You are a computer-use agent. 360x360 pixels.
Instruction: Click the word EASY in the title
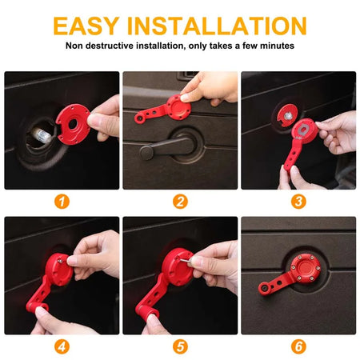(x=86, y=26)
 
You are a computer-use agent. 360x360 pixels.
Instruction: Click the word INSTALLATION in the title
(x=217, y=26)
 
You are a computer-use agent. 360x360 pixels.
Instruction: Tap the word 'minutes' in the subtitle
(x=277, y=46)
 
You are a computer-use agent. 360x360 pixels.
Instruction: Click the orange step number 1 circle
(x=62, y=202)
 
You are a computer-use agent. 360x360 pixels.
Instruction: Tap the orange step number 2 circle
(x=180, y=202)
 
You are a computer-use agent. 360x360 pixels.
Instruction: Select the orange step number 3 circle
(x=298, y=202)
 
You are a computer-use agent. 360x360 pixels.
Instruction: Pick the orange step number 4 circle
(x=62, y=346)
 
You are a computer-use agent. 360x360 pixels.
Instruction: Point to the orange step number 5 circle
(x=180, y=346)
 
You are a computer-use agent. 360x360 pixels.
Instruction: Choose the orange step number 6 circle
(x=298, y=346)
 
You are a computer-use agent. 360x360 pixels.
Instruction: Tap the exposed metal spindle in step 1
(x=42, y=136)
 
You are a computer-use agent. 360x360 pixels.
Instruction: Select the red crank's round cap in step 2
(x=178, y=107)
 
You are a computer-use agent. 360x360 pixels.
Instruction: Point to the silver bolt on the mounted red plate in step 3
(x=287, y=116)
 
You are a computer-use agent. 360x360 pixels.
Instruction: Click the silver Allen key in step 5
(x=186, y=261)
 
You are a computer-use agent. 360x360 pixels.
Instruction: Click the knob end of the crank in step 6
(x=264, y=288)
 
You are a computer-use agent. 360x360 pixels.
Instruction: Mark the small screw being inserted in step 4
(x=61, y=261)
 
